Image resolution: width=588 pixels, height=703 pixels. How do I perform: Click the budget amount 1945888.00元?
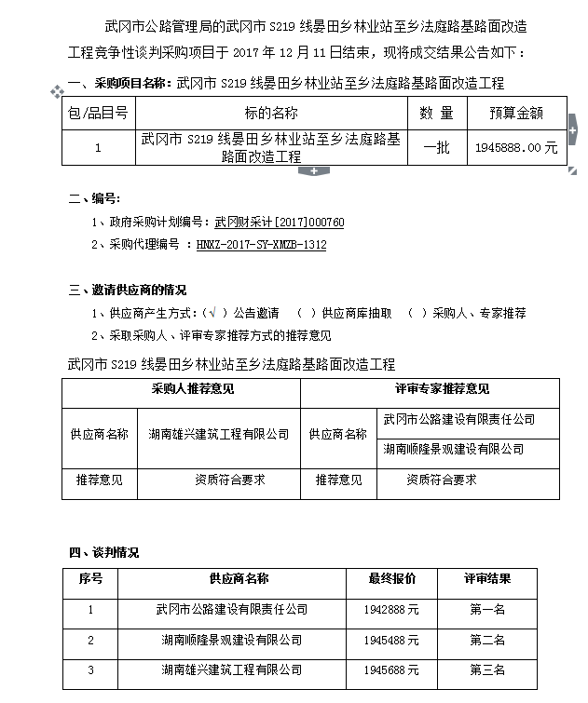tap(516, 147)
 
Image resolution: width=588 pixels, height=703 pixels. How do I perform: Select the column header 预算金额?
tap(516, 114)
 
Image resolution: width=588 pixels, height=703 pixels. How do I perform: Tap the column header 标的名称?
tap(271, 114)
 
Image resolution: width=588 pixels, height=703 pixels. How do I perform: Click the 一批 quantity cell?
tap(437, 147)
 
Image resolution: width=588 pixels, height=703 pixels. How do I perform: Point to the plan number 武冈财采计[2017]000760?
tap(280, 223)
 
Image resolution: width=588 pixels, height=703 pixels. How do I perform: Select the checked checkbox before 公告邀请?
tap(214, 313)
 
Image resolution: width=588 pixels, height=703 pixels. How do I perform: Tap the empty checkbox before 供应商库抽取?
tap(305, 313)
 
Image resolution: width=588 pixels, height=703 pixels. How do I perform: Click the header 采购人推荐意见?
tap(181, 388)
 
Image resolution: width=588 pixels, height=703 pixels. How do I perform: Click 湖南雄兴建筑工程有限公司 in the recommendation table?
tap(219, 434)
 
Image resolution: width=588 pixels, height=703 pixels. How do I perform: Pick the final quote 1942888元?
tap(387, 610)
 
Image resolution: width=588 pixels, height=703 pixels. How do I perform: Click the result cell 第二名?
tap(486, 640)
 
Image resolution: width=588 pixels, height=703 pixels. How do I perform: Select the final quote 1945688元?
tap(387, 669)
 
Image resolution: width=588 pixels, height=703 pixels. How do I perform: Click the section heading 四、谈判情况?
tap(104, 552)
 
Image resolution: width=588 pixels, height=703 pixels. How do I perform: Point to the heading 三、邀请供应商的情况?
tap(128, 290)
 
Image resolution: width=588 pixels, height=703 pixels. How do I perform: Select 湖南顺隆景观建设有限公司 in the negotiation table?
tap(231, 640)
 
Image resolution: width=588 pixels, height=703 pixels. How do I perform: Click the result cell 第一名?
tap(486, 610)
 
